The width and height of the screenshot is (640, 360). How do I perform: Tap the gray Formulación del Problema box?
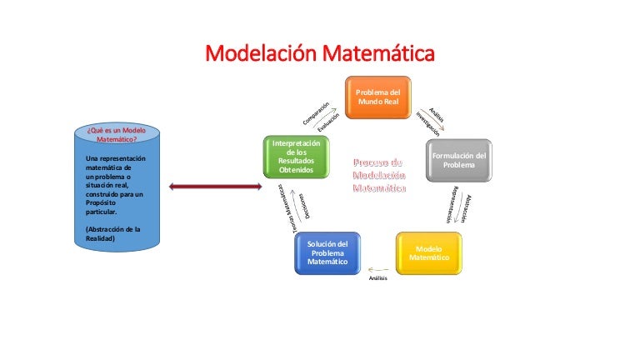click(x=458, y=160)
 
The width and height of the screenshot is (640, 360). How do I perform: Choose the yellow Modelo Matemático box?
click(x=429, y=253)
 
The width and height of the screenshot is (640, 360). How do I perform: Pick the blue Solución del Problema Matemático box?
click(x=327, y=253)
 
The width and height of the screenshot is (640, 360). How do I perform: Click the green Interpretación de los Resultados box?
click(x=296, y=157)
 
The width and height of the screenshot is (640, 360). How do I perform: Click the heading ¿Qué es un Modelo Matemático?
click(x=112, y=135)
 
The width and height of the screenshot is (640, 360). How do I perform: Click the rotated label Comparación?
click(x=316, y=116)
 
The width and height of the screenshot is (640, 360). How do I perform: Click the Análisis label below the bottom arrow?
click(x=378, y=277)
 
